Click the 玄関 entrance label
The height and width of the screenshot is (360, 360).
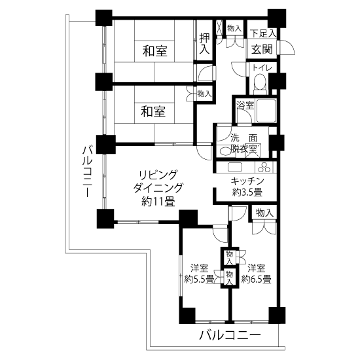262,48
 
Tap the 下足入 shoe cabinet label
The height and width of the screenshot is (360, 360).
263,32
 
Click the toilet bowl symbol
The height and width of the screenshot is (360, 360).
261,83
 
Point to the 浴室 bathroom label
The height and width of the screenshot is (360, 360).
243,105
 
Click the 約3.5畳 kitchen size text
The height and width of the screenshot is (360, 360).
247,192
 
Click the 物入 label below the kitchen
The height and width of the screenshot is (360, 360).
264,213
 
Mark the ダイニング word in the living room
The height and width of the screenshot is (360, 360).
158,188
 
